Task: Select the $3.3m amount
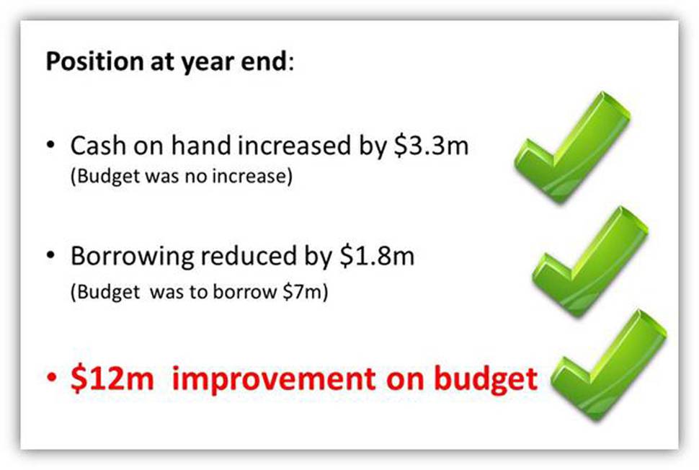(431, 146)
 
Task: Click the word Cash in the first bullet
(98, 146)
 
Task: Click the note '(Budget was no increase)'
(182, 176)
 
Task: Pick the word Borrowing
(133, 257)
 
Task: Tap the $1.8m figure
(377, 256)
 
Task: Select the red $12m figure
(112, 379)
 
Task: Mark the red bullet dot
(52, 378)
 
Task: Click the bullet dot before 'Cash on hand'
(51, 145)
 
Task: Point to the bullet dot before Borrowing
(51, 255)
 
